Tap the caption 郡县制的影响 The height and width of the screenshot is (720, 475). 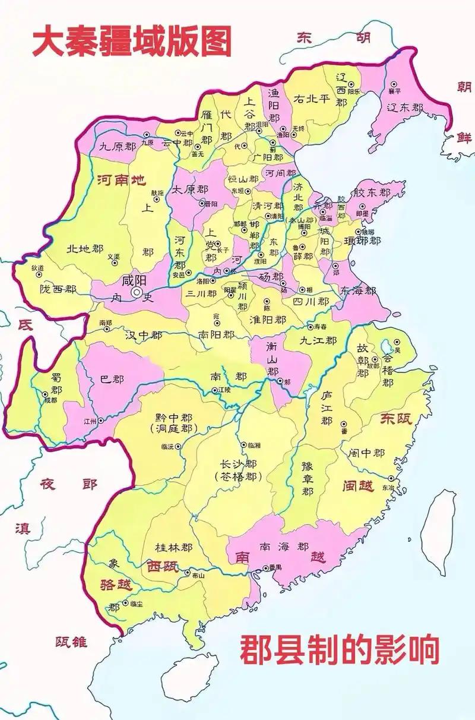pos(340,649)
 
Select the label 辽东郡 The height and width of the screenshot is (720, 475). pos(405,108)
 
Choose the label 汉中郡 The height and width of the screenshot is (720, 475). pos(143,335)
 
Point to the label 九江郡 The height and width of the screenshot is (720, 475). pos(318,341)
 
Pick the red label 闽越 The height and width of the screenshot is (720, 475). pos(358,486)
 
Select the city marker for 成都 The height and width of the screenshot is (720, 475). pos(45,394)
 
